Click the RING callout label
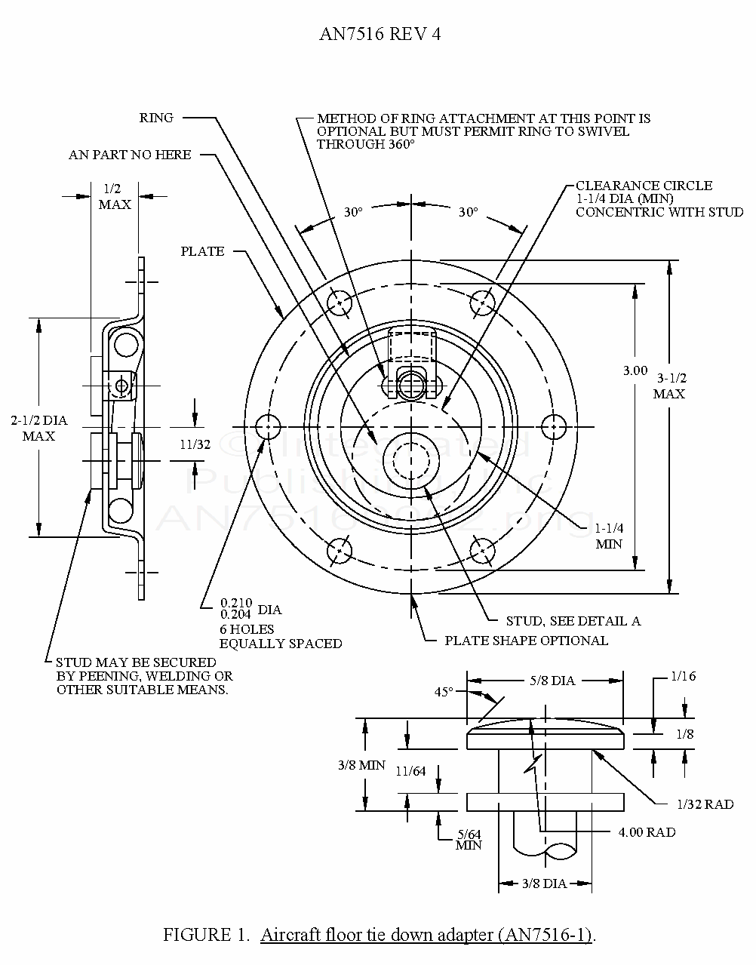click(156, 118)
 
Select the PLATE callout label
click(202, 251)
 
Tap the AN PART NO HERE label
click(130, 155)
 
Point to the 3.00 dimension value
click(635, 370)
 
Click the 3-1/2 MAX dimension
click(669, 386)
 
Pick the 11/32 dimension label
click(195, 444)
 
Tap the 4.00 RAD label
click(647, 832)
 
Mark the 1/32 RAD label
click(705, 804)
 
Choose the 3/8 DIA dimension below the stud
click(544, 884)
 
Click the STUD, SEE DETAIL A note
click(573, 621)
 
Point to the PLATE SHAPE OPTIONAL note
click(526, 641)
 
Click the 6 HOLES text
click(247, 628)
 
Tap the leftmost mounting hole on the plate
click(267, 428)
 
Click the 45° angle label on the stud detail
click(444, 691)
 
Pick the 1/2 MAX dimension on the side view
click(115, 197)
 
